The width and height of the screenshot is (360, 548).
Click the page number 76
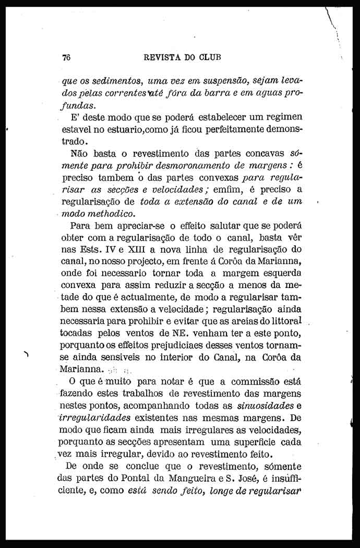click(66, 58)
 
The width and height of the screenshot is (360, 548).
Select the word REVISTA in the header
click(162, 58)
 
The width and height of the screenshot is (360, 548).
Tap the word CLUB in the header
click(214, 58)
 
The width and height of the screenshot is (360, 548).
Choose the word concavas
click(262, 153)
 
